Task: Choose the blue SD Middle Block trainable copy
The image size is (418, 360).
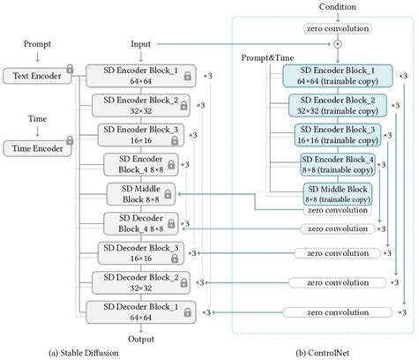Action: [337, 193]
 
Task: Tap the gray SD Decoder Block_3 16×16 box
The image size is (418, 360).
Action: [137, 253]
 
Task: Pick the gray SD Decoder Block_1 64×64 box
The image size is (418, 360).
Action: [137, 311]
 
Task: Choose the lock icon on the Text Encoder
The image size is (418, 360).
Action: [69, 71]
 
